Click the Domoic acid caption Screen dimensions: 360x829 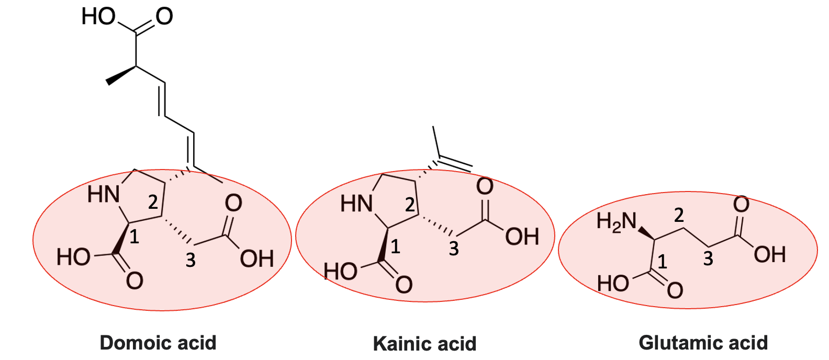158,343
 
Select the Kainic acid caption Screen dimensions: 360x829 424,344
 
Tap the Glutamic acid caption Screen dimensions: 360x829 703,343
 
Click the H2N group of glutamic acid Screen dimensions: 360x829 617,222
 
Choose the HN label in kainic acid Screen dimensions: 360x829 356,204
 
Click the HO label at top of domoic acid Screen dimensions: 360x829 98,17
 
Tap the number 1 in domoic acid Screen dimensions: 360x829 135,237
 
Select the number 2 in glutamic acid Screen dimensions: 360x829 679,215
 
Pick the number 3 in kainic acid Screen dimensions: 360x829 454,249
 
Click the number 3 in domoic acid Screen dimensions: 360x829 191,260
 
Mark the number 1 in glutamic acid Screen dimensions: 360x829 663,261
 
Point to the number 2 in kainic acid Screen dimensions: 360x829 410,205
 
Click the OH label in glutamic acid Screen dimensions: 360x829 770,255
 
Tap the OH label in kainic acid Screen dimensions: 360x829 522,237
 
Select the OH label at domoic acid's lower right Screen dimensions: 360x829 256,258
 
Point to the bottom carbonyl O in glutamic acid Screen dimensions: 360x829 675,289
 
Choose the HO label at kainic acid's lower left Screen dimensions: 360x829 340,272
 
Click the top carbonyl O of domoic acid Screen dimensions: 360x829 164,17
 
